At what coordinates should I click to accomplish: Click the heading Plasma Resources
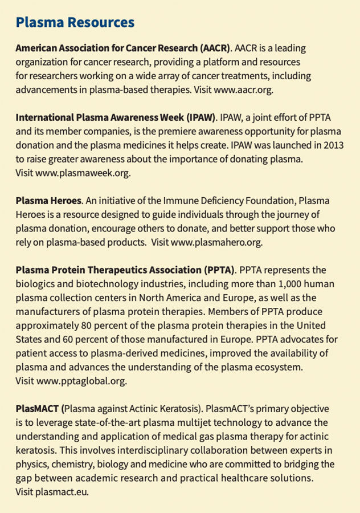pos(75,23)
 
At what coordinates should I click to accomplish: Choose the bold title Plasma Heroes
pos(49,201)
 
